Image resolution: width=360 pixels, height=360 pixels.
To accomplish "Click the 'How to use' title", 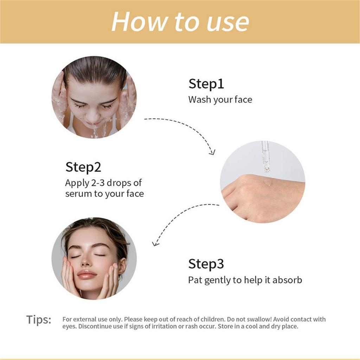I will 180,22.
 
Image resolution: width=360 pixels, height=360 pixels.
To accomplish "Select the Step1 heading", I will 206,84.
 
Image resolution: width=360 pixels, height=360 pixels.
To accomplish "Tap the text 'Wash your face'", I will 220,100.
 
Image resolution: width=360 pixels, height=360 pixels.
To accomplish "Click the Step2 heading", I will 83,167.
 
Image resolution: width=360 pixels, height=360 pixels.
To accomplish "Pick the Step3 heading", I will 206,264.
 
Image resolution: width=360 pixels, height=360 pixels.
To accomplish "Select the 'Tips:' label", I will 39,320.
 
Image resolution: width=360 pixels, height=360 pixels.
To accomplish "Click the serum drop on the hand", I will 268,182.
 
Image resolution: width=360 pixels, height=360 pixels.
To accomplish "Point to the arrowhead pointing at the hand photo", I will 212,152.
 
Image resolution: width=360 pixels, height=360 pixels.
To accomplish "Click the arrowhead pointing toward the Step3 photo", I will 155,243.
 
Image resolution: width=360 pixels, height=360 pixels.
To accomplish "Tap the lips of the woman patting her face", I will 86,275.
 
